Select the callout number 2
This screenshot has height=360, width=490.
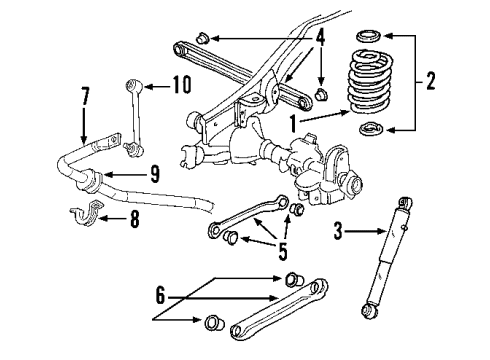tap(431, 80)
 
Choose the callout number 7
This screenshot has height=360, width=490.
tap(85, 96)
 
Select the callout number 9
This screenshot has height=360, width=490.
tap(154, 173)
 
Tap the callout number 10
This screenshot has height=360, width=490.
tap(180, 85)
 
